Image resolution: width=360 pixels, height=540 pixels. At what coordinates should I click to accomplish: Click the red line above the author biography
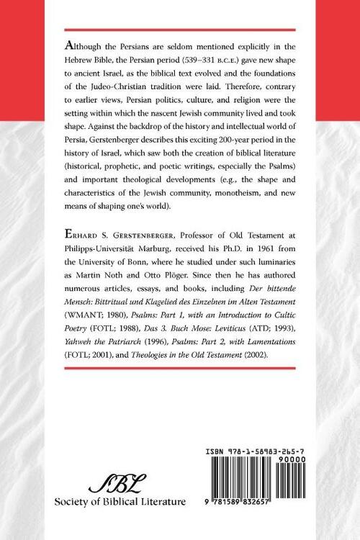179,225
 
